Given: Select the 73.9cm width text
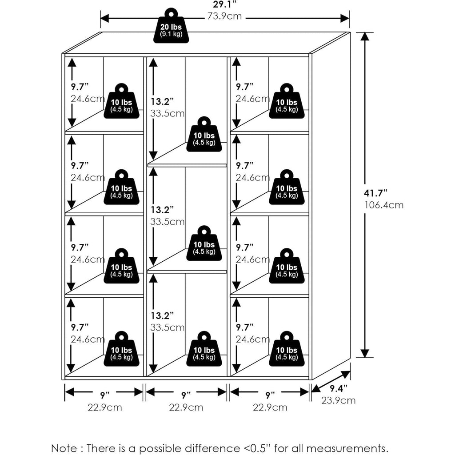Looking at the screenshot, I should [x=224, y=17].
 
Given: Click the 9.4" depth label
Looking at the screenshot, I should [x=339, y=389].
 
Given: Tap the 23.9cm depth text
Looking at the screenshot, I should [x=339, y=400].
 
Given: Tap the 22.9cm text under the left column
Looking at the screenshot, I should [x=104, y=407].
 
